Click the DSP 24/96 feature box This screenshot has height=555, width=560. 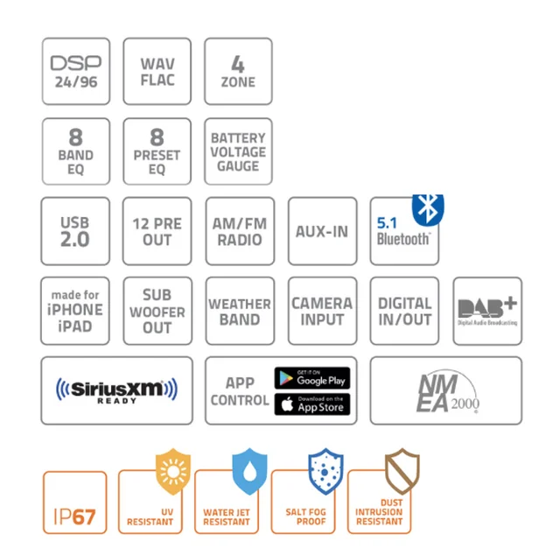point(76,72)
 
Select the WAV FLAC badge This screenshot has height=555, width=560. point(157,72)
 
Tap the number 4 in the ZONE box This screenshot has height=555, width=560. point(238,64)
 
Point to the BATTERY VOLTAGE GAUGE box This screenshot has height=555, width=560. point(238,151)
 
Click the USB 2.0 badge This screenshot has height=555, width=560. point(75,231)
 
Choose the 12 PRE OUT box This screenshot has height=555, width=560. point(157,231)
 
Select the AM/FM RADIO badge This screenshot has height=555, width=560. point(240,231)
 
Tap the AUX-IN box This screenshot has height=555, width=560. point(322,231)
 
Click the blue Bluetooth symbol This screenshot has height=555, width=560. point(428,210)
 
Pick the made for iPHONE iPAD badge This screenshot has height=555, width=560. point(75,311)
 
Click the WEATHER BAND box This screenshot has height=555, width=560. point(240,311)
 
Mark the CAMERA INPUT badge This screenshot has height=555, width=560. point(322,311)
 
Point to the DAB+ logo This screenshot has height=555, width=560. point(487,310)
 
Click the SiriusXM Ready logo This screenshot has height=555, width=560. point(116,390)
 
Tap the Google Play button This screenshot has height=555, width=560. point(312,378)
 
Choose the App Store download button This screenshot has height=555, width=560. point(312,404)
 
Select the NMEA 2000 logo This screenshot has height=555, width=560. point(448,391)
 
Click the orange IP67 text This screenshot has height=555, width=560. point(74,516)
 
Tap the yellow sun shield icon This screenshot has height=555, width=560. point(173,472)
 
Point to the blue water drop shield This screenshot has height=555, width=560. point(249,472)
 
